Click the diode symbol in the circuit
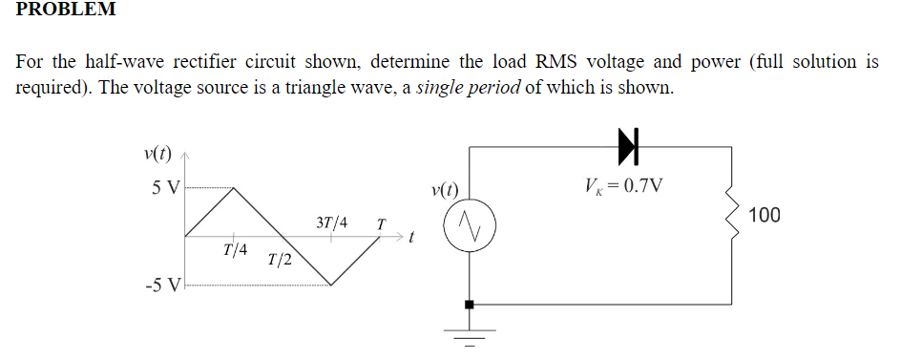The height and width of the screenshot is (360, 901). coord(626,145)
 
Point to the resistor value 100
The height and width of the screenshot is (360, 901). coord(765,216)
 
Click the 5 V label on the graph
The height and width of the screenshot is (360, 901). coord(164,186)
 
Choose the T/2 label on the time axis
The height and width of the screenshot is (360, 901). coord(280,260)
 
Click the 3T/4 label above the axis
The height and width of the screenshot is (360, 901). coord(330,223)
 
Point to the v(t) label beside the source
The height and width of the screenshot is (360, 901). coord(445,189)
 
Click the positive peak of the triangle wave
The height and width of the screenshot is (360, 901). coord(234,187)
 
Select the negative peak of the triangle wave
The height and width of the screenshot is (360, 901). coord(330,285)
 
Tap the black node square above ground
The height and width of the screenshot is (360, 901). coord(469,304)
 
